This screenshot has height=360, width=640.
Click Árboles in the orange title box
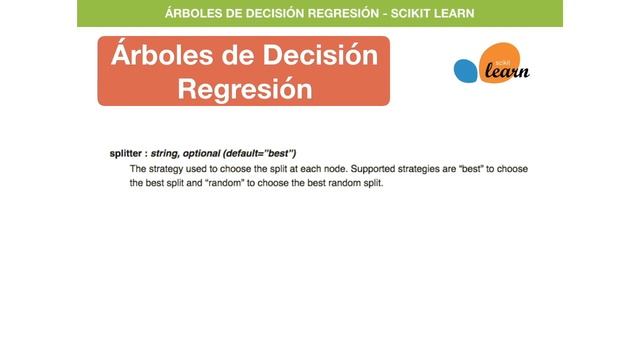click(163, 54)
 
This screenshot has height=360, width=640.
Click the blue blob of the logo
click(467, 71)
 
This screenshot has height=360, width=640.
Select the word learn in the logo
click(505, 71)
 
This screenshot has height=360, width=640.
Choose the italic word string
click(165, 153)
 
